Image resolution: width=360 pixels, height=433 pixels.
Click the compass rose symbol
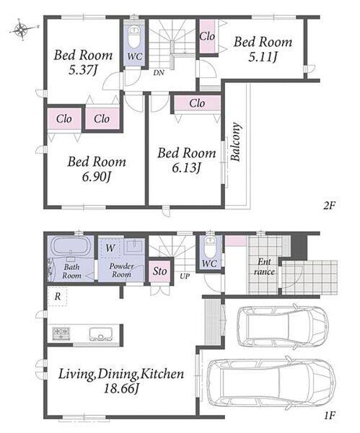point(22,30)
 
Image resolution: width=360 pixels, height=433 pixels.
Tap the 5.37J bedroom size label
point(82,71)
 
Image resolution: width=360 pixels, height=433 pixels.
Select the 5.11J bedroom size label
point(263,57)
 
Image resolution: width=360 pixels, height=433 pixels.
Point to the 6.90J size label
point(97,177)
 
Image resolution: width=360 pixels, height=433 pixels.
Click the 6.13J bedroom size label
point(186,167)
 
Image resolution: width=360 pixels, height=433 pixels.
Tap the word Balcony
point(236,141)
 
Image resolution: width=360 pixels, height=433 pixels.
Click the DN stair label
point(159,73)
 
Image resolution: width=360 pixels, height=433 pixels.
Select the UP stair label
point(185,276)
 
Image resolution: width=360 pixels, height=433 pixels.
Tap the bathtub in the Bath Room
point(71,245)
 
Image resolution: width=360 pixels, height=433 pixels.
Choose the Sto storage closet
point(160,271)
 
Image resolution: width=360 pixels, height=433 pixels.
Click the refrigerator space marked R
point(58,297)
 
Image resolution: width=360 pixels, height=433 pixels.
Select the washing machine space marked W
point(110,248)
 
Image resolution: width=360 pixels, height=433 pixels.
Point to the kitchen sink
point(101,334)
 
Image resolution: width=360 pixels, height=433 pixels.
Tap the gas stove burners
point(61,333)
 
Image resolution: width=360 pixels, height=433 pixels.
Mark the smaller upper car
point(283,325)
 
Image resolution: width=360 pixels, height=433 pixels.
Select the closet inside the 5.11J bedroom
point(207,36)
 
